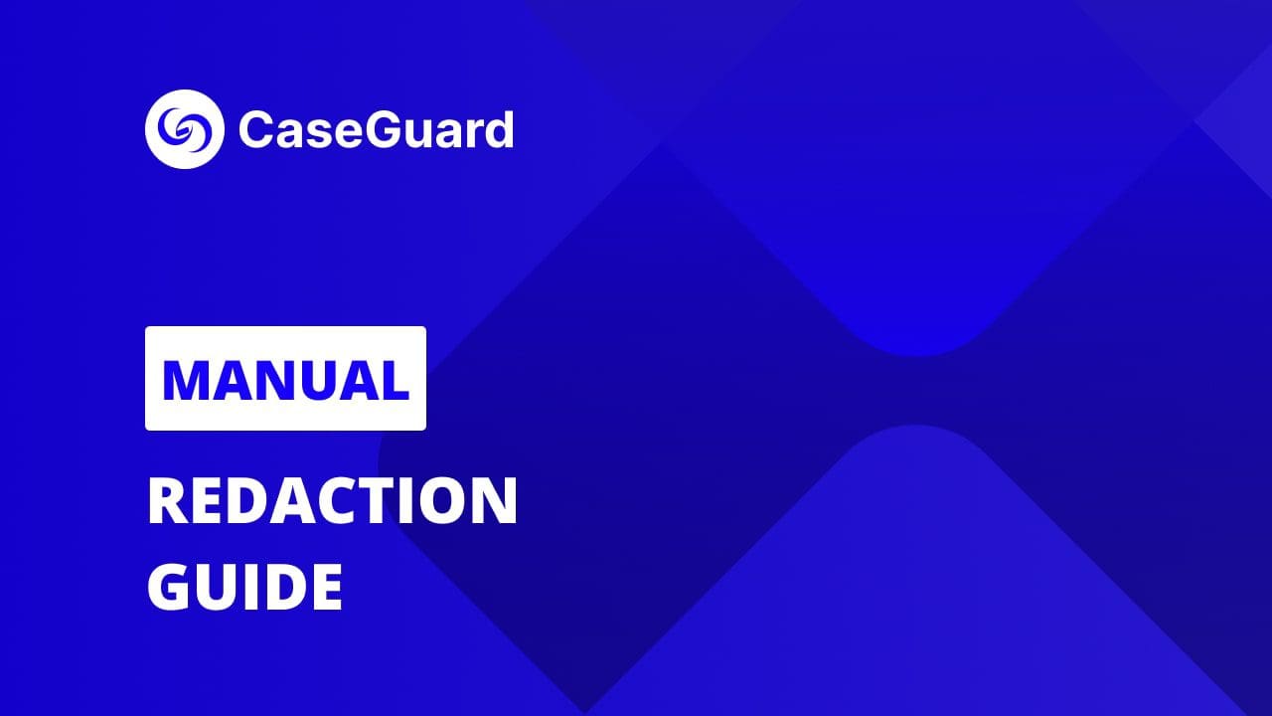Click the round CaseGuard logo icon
pos(185,129)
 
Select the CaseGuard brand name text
pos(376,129)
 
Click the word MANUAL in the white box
pos(285,379)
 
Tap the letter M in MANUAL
pos(183,379)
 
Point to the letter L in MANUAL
pos(396,379)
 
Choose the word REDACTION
pos(332,501)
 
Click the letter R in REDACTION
pos(166,501)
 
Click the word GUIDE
pos(244,587)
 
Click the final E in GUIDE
pos(326,587)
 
